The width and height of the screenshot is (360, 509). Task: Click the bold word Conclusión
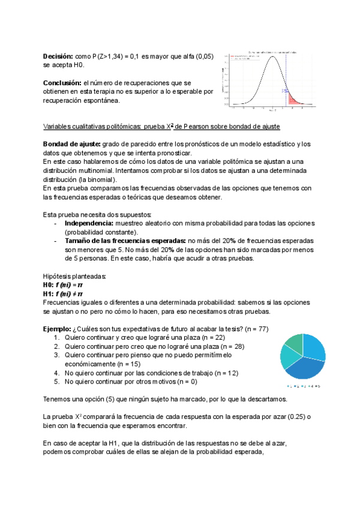(62, 82)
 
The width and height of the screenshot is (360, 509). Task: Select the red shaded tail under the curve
(293, 98)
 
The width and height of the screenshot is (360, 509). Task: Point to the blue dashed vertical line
(286, 78)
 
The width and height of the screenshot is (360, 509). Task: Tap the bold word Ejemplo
(56, 329)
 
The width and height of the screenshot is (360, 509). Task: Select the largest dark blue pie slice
(303, 367)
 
